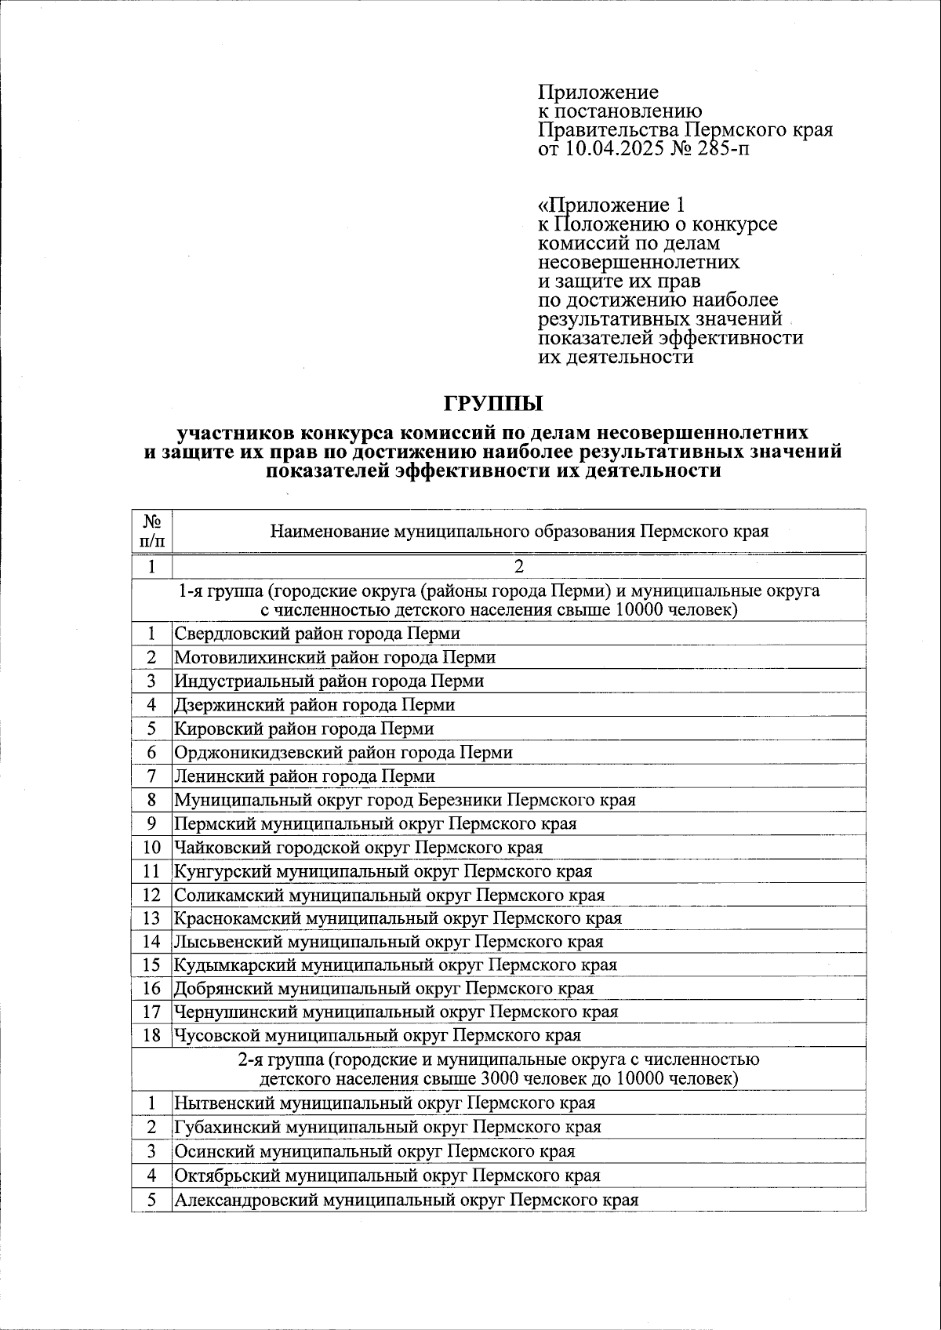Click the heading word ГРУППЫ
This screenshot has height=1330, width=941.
tap(493, 405)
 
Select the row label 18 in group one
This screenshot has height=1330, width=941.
tap(151, 1035)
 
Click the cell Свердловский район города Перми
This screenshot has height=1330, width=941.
tap(317, 633)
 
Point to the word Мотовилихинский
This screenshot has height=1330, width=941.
tap(236, 657)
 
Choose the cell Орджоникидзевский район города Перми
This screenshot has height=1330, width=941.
tap(343, 753)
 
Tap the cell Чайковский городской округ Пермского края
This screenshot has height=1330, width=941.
tap(358, 847)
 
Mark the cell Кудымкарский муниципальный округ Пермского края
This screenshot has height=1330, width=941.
tap(395, 965)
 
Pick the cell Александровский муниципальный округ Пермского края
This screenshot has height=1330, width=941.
tap(406, 1200)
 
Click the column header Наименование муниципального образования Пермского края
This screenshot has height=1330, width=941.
tap(519, 532)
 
